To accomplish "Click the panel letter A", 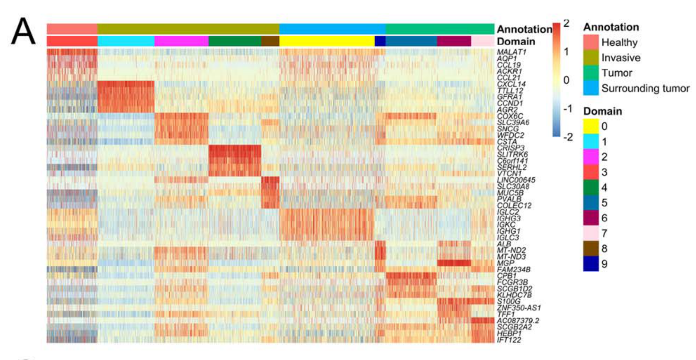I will (x=23, y=32).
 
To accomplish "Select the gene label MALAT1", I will (x=511, y=52).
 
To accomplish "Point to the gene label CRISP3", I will (x=511, y=148).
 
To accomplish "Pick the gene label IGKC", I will (x=506, y=225).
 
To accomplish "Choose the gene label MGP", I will (x=505, y=263).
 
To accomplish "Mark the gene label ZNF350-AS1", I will (x=519, y=308).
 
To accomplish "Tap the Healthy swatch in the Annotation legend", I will (x=591, y=42).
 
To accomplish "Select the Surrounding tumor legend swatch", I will (x=591, y=88).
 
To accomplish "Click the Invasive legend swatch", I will (x=591, y=58).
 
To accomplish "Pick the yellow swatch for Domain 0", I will (x=591, y=126).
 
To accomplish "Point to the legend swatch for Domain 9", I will (x=591, y=264).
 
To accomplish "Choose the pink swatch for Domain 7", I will (x=591, y=233).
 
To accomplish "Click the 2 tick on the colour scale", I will (x=566, y=23).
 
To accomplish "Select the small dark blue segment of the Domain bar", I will (x=380, y=41).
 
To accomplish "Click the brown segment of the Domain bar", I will (x=270, y=41).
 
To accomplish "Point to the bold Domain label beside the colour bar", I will (x=516, y=41).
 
